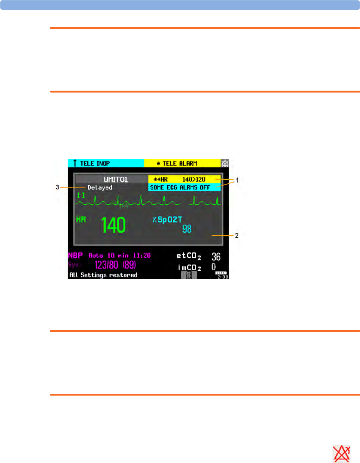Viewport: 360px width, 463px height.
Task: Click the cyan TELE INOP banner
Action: pyautogui.click(x=106, y=163)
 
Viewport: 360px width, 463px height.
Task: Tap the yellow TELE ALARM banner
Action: pyautogui.click(x=182, y=163)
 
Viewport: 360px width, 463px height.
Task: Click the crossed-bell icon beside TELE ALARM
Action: pyautogui.click(x=225, y=163)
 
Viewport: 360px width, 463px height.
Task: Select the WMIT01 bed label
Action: pyautogui.click(x=116, y=179)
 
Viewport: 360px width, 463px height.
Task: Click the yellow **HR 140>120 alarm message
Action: pyautogui.click(x=184, y=179)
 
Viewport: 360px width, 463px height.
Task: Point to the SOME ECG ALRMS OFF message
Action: pyautogui.click(x=184, y=188)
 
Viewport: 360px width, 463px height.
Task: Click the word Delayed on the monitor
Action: pyautogui.click(x=100, y=188)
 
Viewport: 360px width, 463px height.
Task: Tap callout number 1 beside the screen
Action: pyautogui.click(x=237, y=180)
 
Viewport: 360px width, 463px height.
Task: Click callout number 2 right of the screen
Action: pyautogui.click(x=237, y=236)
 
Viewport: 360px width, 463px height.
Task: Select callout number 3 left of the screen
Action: pyautogui.click(x=57, y=187)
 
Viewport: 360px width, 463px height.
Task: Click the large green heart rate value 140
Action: pyautogui.click(x=113, y=225)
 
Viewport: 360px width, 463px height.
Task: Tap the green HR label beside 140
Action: pyautogui.click(x=81, y=219)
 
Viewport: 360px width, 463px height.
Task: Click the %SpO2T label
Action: pyautogui.click(x=167, y=220)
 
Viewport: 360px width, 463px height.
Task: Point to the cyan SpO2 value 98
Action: pyautogui.click(x=187, y=229)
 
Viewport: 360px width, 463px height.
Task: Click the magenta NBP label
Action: pyautogui.click(x=75, y=255)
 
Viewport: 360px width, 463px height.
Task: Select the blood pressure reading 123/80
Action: pyautogui.click(x=106, y=265)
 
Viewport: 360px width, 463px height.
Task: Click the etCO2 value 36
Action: pyautogui.click(x=216, y=257)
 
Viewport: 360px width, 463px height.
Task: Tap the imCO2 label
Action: pyautogui.click(x=190, y=267)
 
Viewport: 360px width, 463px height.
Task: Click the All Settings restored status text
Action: pyautogui.click(x=103, y=275)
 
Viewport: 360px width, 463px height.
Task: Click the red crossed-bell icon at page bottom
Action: pyautogui.click(x=341, y=454)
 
